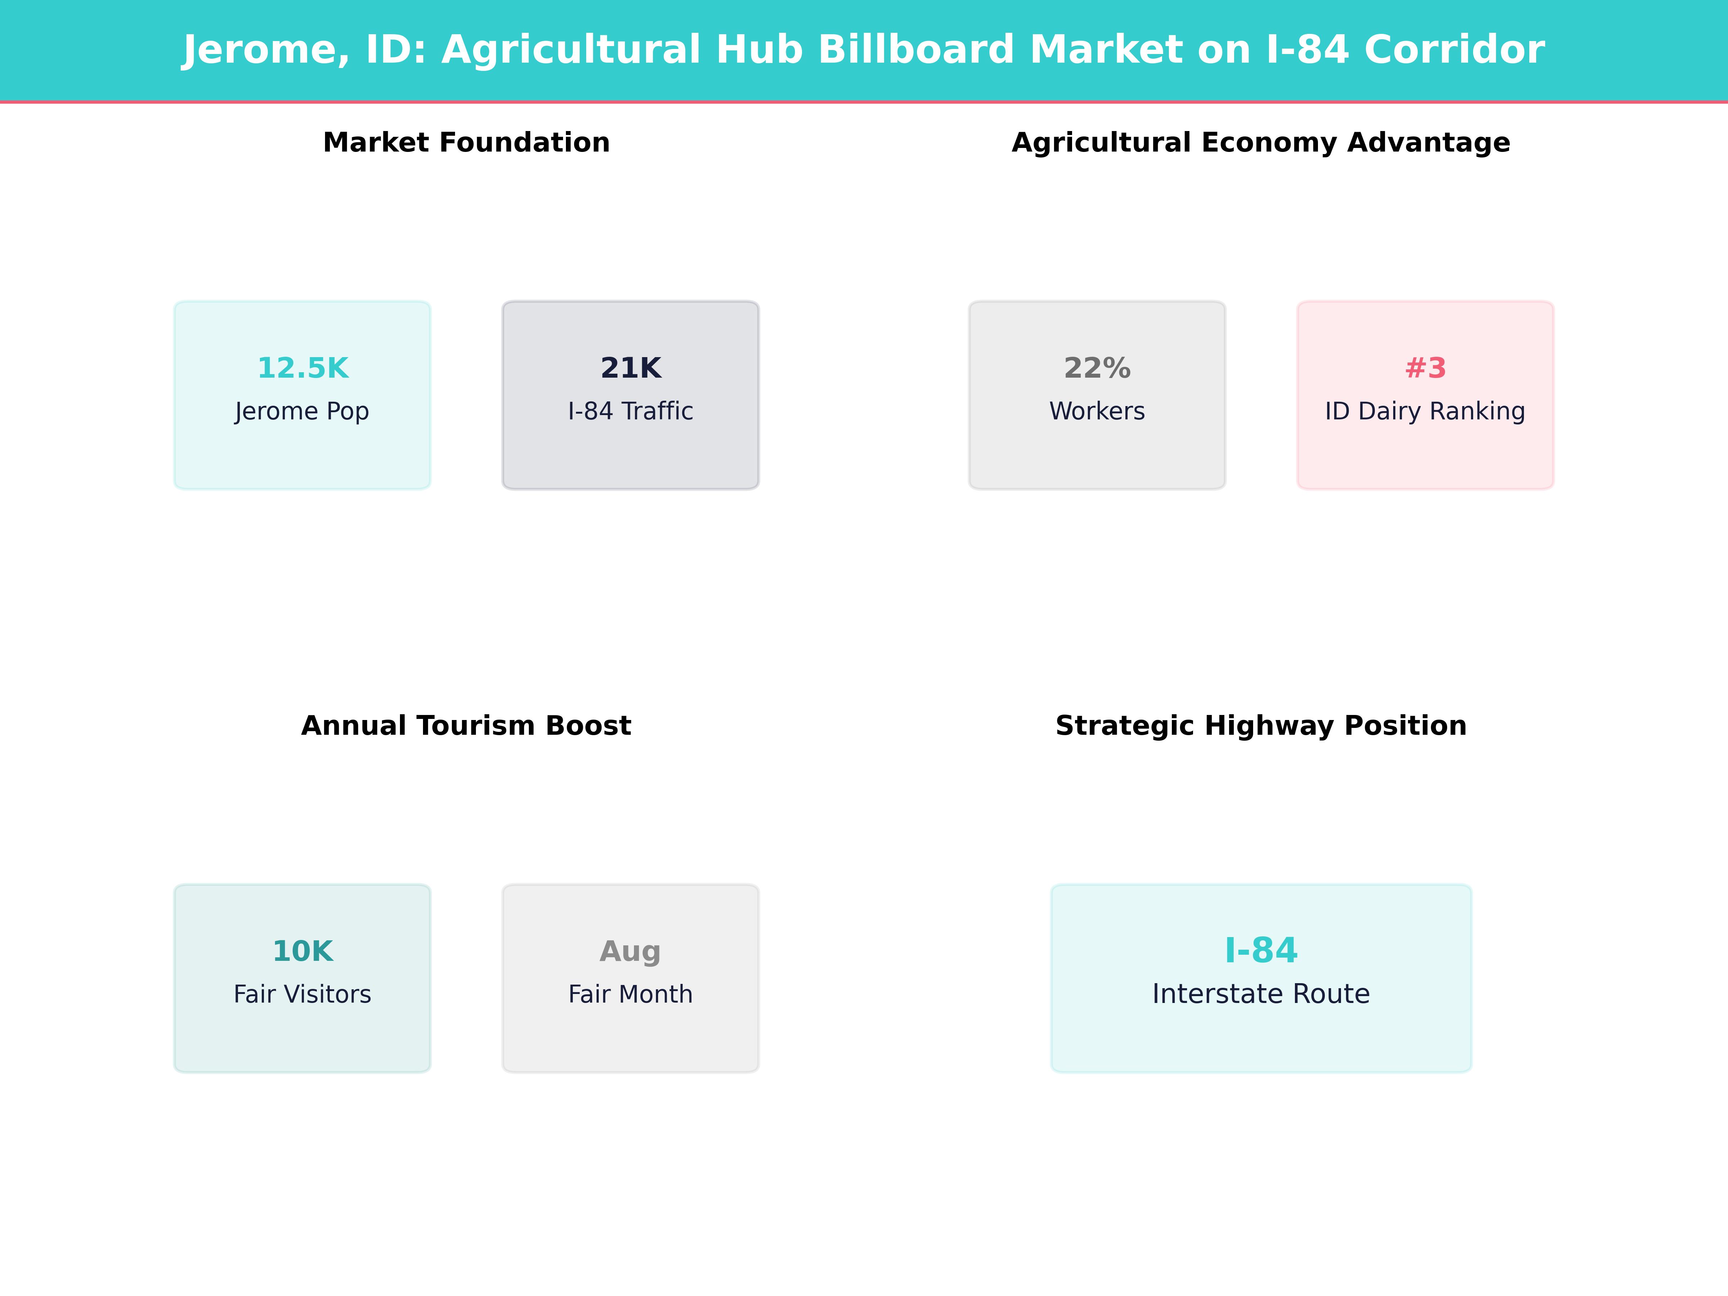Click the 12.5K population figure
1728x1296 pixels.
(x=302, y=368)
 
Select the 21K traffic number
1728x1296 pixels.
(x=630, y=368)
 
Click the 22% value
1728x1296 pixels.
(x=1097, y=368)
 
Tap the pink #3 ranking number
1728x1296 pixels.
(x=1425, y=368)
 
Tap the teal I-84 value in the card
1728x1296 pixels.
(x=1261, y=951)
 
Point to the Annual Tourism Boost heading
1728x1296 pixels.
(x=466, y=726)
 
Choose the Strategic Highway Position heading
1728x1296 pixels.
(x=1261, y=726)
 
